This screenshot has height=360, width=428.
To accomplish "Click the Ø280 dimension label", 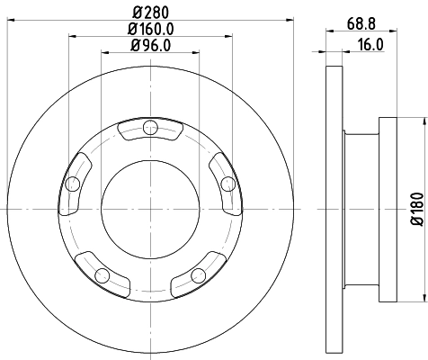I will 151,13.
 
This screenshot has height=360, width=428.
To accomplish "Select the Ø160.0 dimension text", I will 151,29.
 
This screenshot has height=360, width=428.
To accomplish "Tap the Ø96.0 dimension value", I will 151,45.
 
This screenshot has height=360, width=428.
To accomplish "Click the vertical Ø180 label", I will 416,209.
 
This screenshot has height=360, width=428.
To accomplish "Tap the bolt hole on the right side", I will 227,184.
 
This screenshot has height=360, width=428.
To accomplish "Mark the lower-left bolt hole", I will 103,274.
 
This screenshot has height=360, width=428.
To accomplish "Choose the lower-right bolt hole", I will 199,274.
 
